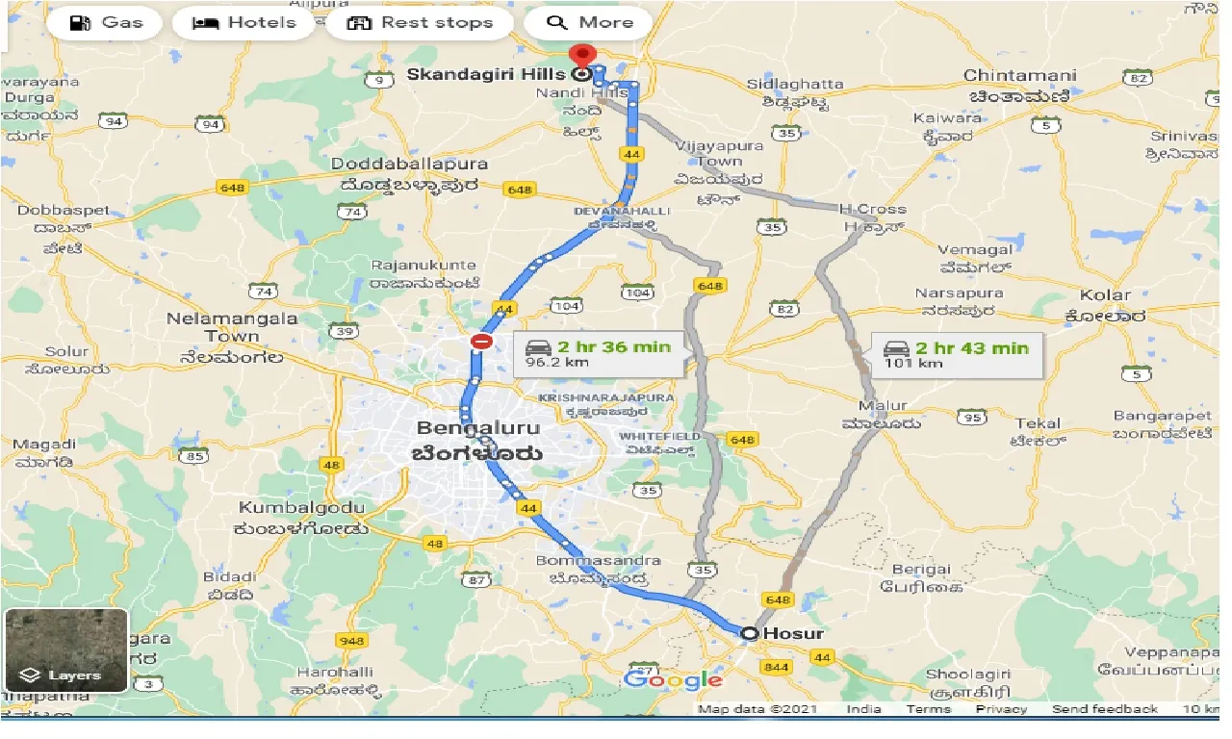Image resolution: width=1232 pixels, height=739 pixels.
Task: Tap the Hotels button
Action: point(244,23)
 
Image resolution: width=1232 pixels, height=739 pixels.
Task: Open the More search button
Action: point(587,23)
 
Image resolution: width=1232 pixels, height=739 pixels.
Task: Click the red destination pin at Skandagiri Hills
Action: point(581,55)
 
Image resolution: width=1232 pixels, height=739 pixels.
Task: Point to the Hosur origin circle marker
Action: point(750,633)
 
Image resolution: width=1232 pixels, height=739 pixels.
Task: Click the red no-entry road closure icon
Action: point(481,342)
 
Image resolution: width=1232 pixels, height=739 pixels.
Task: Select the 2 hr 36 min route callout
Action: point(598,354)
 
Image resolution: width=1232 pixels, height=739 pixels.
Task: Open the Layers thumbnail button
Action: point(65,650)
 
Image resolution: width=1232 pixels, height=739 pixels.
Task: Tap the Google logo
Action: point(673,679)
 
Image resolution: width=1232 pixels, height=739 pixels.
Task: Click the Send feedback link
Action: point(1104,709)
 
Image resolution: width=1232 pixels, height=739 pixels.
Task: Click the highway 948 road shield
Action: point(352,641)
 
